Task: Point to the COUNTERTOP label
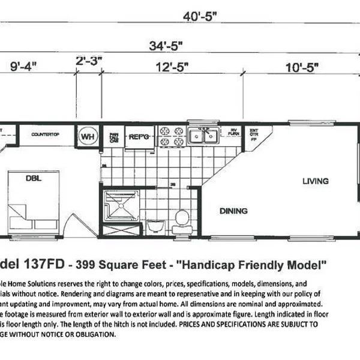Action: [x=44, y=134]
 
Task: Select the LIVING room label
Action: [x=315, y=181]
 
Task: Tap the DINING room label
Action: [x=233, y=211]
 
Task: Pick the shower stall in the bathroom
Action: [x=119, y=207]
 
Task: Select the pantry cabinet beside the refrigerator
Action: [x=113, y=136]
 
